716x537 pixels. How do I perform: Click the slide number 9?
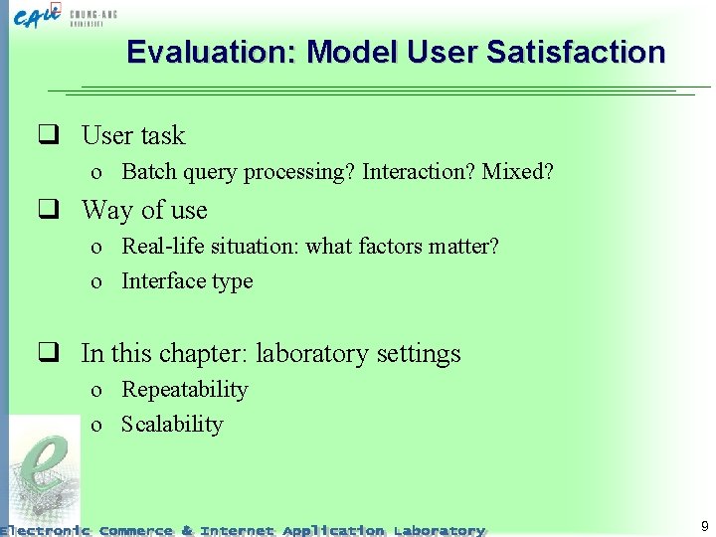[x=704, y=526]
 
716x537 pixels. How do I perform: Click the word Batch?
[x=148, y=172]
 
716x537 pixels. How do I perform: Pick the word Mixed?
[x=517, y=172]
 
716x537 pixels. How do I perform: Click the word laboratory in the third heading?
[x=305, y=353]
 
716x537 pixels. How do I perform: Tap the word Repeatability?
[x=184, y=389]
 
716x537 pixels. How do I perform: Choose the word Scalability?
[x=172, y=425]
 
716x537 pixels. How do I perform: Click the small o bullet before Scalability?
[x=96, y=426]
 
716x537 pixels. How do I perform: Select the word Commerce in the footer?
[x=136, y=530]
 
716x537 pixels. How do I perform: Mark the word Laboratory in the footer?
[x=440, y=530]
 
